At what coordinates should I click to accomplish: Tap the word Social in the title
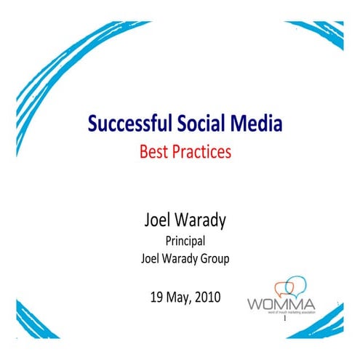point(193,125)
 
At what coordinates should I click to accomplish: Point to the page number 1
point(287,319)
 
